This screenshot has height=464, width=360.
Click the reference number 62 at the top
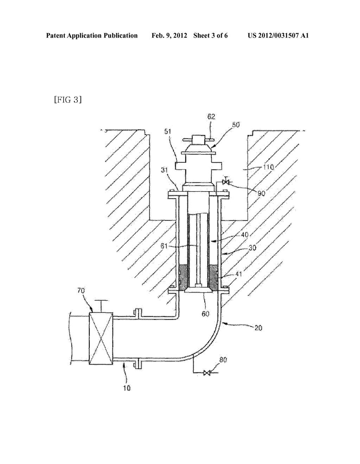point(211,117)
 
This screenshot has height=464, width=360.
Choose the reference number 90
point(261,193)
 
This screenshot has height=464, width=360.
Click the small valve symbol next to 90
point(226,182)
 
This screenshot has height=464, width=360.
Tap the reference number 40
point(244,234)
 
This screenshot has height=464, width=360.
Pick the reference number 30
point(252,248)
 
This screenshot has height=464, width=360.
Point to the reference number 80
point(223,360)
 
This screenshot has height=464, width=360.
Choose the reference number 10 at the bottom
point(127,388)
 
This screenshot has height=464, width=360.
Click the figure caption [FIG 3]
point(68,100)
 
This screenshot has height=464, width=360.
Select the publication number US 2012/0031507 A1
point(278,36)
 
